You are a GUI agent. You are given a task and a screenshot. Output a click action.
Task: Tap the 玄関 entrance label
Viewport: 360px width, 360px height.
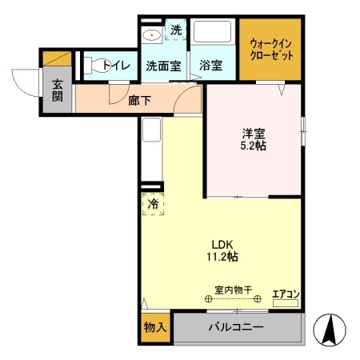click(58, 90)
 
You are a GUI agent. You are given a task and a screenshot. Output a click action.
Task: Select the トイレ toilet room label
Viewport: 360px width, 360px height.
click(116, 64)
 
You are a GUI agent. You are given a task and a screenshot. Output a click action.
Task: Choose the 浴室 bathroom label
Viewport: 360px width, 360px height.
click(212, 65)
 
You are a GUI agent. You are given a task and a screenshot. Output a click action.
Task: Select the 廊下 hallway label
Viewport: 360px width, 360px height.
click(139, 100)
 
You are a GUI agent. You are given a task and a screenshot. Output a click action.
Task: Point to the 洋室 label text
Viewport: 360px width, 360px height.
click(254, 135)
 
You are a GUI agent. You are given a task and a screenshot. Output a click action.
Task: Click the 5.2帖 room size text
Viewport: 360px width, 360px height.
click(254, 148)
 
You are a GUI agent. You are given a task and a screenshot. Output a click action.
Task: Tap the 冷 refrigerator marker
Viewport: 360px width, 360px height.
click(152, 205)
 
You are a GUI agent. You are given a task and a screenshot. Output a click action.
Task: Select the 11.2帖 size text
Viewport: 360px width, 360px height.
click(222, 257)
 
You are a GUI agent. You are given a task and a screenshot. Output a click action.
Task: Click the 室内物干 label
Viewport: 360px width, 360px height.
click(233, 289)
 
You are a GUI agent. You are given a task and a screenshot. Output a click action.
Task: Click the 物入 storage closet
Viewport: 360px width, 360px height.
click(154, 327)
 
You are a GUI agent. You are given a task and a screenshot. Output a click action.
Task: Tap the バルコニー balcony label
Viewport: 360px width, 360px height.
click(237, 327)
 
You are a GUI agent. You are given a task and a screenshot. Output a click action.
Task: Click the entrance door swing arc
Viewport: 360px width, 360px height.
click(24, 78)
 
